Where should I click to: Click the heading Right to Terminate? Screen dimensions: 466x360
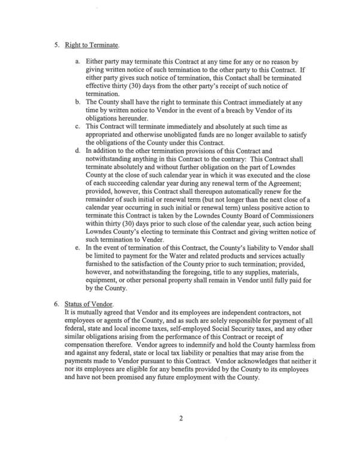(92, 46)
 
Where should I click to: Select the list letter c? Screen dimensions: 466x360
(77, 128)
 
